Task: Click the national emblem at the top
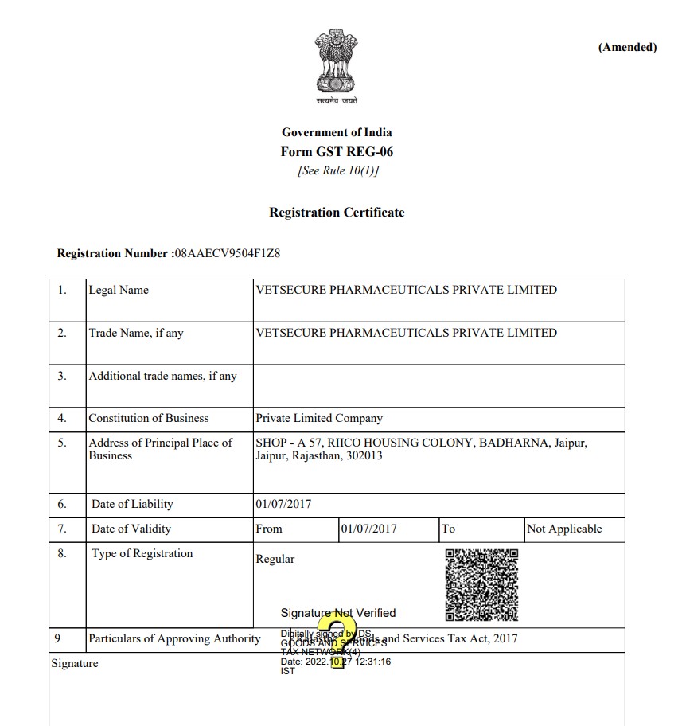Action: point(337,64)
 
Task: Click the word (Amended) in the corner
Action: point(627,47)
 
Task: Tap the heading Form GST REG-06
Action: point(337,151)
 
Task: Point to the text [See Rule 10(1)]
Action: point(337,170)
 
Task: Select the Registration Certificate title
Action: point(337,213)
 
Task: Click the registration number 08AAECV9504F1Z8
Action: point(228,254)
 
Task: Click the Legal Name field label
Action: point(119,291)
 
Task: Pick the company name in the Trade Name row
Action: point(406,333)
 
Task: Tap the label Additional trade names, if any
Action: point(162,376)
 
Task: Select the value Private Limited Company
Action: point(318,418)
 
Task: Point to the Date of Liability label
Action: point(132,504)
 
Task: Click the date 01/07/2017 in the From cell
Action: point(368,529)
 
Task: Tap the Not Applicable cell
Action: point(564,529)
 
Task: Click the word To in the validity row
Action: point(449,529)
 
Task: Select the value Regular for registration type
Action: point(275,559)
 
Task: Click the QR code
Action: point(481,584)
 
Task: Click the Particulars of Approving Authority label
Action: point(174,638)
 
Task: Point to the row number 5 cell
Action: point(62,443)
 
